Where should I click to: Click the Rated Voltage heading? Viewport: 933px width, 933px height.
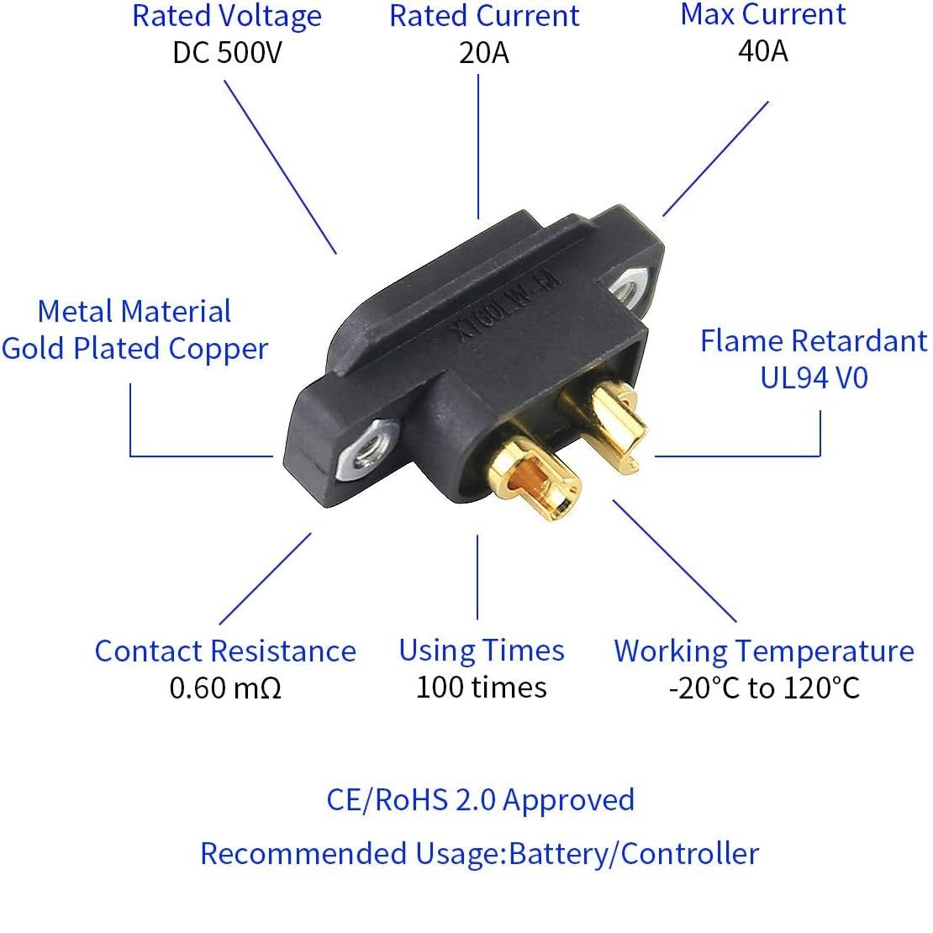click(227, 16)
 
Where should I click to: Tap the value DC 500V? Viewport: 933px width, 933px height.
click(227, 53)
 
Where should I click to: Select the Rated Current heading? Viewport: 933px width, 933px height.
click(484, 16)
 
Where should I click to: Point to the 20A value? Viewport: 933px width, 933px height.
click(484, 53)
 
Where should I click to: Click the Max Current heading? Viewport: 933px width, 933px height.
click(763, 14)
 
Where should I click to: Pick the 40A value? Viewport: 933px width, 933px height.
click(763, 51)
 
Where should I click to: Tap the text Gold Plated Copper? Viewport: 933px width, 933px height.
click(134, 349)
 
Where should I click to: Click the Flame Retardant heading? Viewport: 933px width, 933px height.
click(814, 340)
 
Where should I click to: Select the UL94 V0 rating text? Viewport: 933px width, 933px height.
click(814, 377)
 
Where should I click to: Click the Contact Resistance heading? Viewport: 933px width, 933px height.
click(225, 651)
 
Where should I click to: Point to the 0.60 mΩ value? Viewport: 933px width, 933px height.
click(225, 688)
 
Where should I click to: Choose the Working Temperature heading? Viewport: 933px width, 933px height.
click(763, 651)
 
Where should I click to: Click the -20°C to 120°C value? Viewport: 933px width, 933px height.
click(764, 688)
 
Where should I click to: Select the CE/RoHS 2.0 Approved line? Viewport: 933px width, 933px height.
click(480, 799)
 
